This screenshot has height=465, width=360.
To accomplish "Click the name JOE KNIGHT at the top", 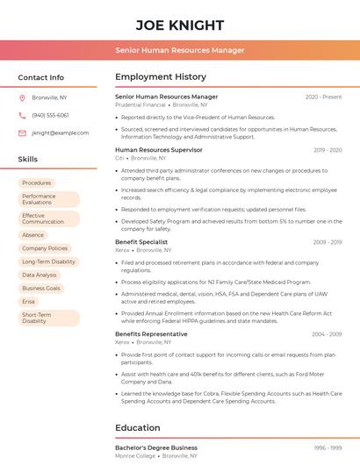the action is pos(180,25).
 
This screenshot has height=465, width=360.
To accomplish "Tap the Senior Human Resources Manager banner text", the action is pos(180,50).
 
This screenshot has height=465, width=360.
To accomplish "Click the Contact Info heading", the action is pos(40,77).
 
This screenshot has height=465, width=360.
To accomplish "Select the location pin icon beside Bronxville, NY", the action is pos(22,97).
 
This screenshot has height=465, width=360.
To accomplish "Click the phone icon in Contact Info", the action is pos(22,115).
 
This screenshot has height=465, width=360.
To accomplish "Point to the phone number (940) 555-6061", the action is pos(50,115).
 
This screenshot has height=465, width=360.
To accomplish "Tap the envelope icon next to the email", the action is pos(22,132).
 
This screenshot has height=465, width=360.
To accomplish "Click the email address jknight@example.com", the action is pos(60,132).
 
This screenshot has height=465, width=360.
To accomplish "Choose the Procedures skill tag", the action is pos(37,182).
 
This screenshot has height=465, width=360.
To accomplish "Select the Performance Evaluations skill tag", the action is pos(48,199).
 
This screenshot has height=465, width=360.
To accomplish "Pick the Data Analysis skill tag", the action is pos(40,275).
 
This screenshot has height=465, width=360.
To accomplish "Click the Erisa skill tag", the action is pos(29,301).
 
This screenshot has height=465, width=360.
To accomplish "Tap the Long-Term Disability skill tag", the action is pos(48,261).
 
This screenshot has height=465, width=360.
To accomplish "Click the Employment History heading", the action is pos(161,77).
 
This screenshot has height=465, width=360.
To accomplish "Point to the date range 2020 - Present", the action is pos(323,97).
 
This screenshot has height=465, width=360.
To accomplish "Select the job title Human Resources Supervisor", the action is pos(159,150).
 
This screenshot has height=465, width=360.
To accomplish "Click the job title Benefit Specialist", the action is pos(141,241).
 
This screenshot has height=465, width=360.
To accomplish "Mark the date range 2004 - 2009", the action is pos(327,333).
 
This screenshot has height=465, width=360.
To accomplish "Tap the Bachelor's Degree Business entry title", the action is pos(156,447).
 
